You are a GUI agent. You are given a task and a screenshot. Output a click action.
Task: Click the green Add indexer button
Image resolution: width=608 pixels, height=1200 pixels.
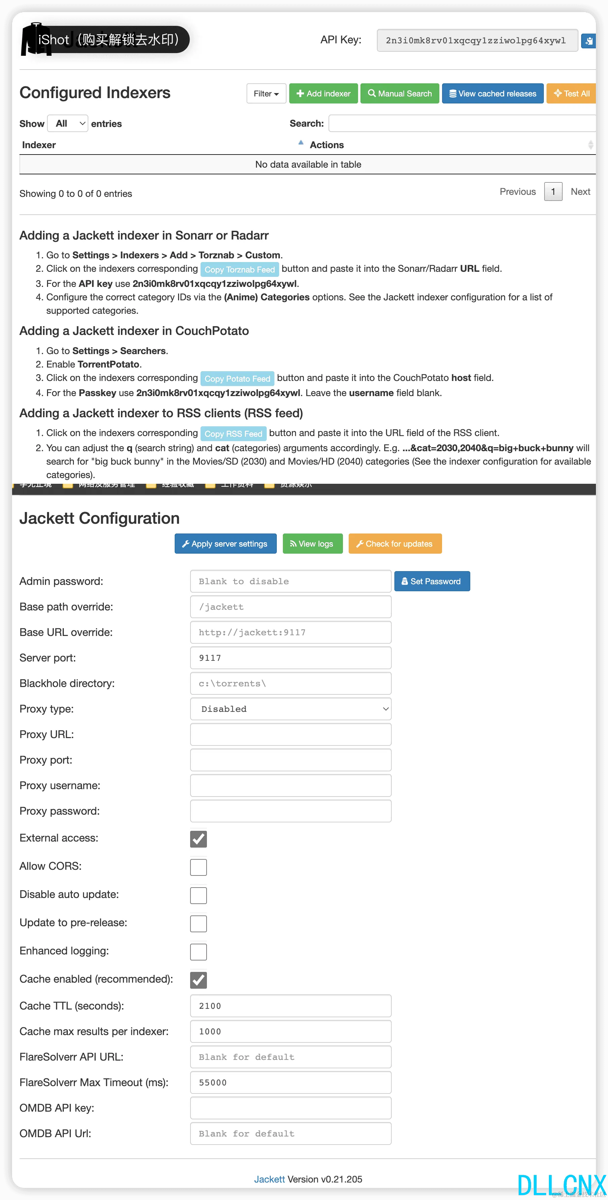coord(323,94)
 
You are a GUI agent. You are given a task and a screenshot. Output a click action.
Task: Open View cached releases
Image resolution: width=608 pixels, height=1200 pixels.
coord(492,94)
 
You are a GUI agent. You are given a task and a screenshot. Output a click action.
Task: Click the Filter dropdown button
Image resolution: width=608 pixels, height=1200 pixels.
coord(266,94)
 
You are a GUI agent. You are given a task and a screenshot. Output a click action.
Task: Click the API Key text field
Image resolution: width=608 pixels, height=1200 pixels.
coord(477,41)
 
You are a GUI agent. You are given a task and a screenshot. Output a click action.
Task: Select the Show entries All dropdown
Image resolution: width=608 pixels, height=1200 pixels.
coord(68,123)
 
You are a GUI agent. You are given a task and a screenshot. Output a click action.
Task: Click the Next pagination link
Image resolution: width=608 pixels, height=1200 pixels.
coord(580,191)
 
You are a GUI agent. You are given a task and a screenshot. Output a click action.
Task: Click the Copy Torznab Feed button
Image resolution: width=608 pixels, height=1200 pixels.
coord(240,269)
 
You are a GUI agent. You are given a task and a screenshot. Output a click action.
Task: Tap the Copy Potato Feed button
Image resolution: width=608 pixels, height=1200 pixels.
coord(237,378)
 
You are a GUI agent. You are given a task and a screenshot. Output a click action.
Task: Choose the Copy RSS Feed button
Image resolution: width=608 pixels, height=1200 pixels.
coord(233,433)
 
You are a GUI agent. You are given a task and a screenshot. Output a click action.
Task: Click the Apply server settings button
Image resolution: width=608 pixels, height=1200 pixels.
coord(225,544)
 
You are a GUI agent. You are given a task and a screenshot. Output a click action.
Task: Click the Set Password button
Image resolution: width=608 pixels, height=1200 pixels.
coord(432,582)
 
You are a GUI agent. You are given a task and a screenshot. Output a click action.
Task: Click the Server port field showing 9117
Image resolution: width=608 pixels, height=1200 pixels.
coord(291,658)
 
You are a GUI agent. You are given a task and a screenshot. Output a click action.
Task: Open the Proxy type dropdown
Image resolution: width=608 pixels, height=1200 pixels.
coord(291,709)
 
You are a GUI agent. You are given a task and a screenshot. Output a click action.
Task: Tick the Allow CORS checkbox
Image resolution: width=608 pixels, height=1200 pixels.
coord(199,867)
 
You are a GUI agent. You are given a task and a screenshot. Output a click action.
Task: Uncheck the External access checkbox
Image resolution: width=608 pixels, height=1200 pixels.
coord(199,839)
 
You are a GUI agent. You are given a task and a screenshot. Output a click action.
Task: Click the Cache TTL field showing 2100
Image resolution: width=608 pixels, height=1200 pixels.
coord(291,1006)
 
